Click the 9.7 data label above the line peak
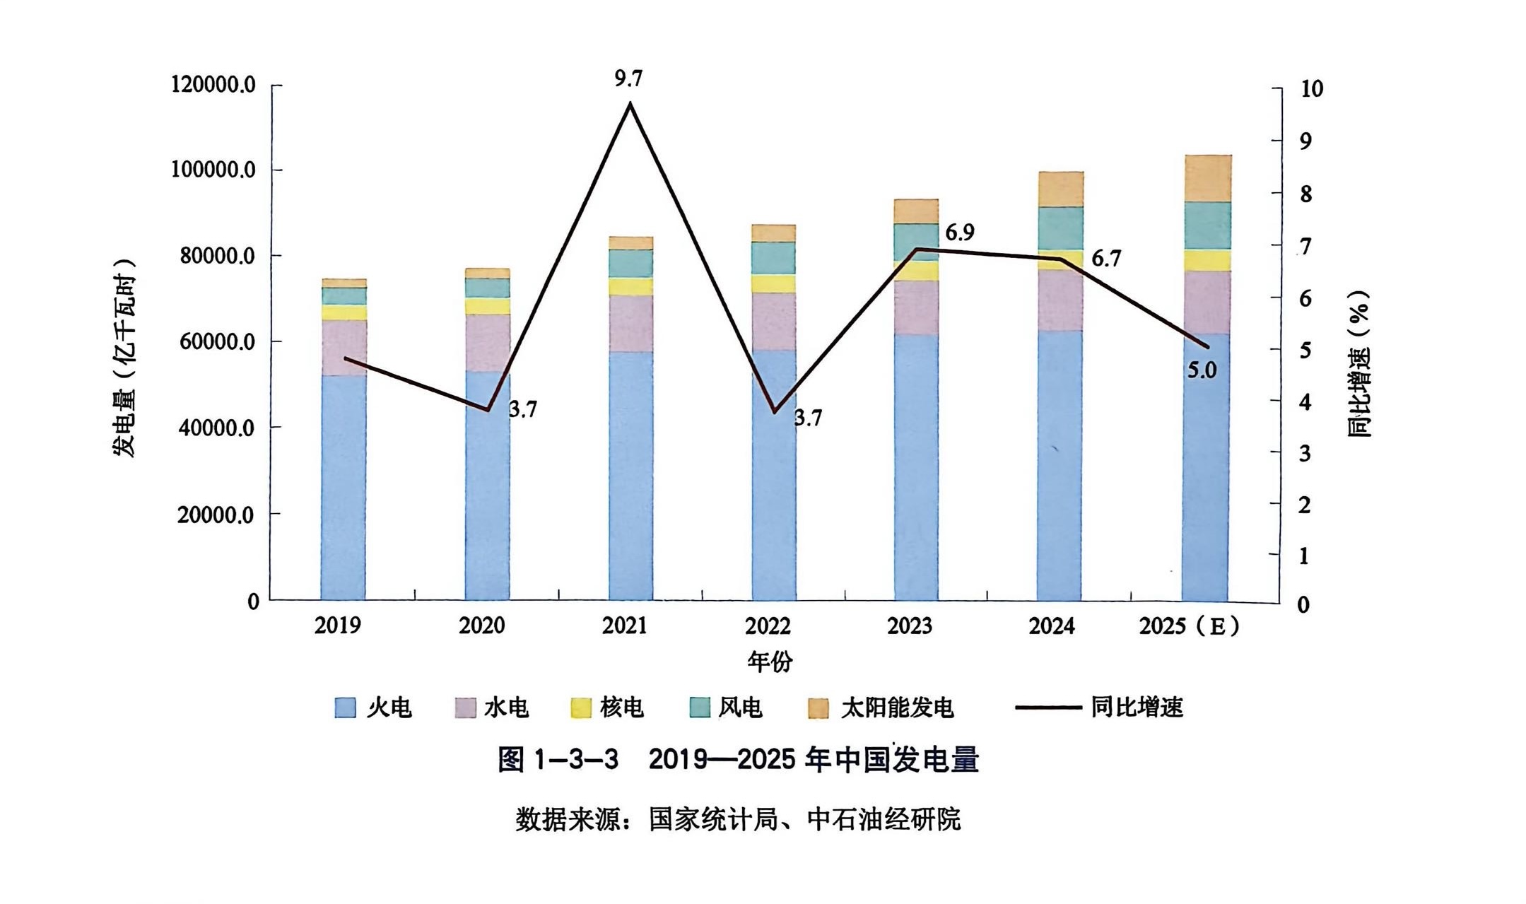628,79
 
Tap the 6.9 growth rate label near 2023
959,233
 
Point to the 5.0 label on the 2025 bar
1202,370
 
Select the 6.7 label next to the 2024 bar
1105,259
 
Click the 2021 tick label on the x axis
624,626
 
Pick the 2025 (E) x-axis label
1189,626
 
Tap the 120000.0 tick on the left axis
213,85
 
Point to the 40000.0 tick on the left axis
216,428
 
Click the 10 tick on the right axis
1311,89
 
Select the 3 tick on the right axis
1305,453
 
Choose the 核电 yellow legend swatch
581,708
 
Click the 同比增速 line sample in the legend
1048,708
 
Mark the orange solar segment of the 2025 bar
1207,178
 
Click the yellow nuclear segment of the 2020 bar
487,306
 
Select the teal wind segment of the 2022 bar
773,258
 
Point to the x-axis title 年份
770,662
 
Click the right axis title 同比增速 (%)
1358,364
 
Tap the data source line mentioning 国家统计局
737,820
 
